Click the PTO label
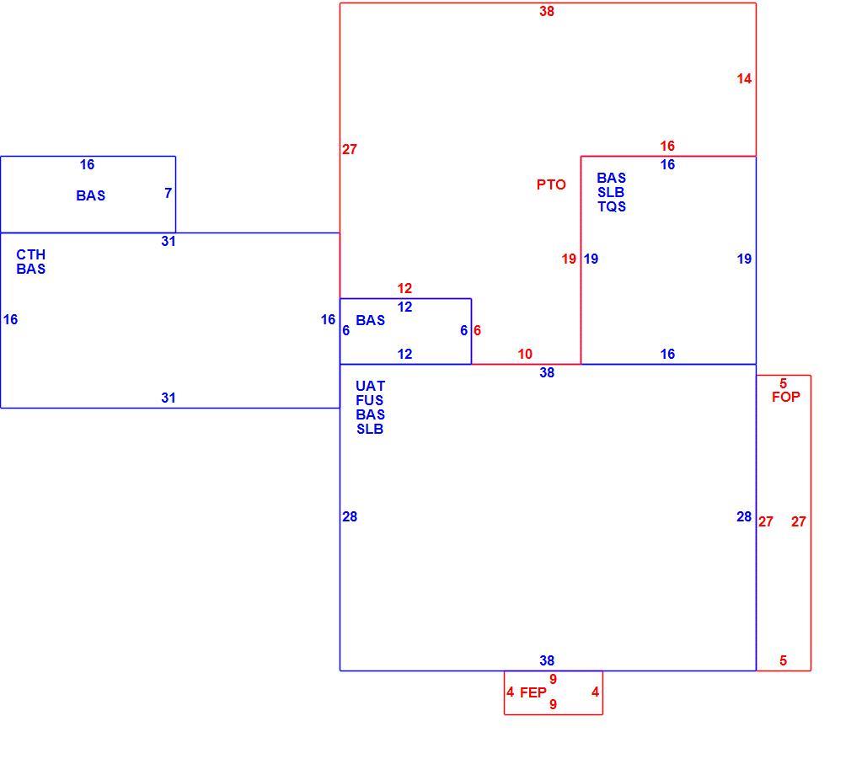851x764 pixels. point(551,184)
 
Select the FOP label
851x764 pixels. point(786,397)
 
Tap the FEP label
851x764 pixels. point(533,692)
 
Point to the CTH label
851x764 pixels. point(31,254)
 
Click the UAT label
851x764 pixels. point(370,386)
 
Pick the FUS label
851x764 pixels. point(370,400)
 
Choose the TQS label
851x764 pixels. point(612,206)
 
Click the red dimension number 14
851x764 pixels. point(744,78)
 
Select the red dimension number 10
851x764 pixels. point(525,354)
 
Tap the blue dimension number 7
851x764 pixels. point(169,193)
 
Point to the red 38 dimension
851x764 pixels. point(547,11)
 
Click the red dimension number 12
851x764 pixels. point(404,288)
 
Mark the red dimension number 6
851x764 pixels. point(477,330)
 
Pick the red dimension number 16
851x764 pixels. point(667,146)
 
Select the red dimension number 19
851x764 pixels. point(569,259)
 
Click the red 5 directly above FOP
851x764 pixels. point(783,383)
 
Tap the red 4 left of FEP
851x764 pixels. point(510,692)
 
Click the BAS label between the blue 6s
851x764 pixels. point(370,320)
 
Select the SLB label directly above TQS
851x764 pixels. point(611,192)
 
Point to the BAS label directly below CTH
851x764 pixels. point(31,269)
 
